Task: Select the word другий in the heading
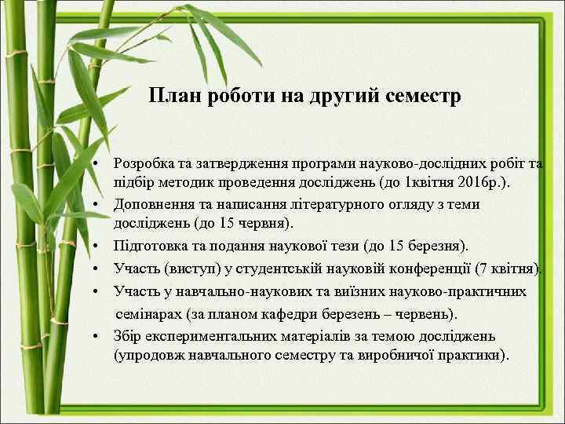click(x=342, y=97)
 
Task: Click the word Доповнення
click(x=153, y=204)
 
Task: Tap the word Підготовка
click(x=152, y=247)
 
